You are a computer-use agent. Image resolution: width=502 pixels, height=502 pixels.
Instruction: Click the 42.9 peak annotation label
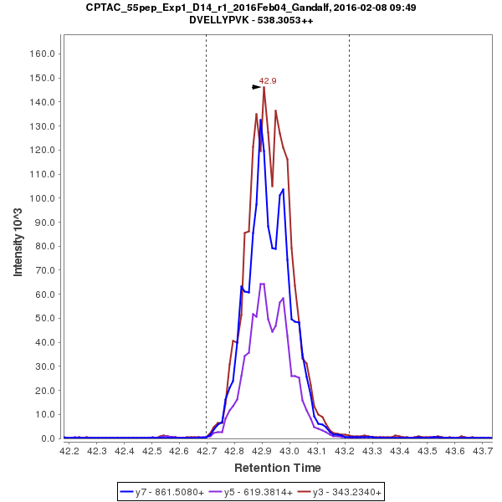tap(268, 81)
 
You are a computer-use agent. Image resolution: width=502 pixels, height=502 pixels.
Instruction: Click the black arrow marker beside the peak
tap(257, 86)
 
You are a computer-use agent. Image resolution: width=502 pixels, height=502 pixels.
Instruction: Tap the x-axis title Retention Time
tap(277, 467)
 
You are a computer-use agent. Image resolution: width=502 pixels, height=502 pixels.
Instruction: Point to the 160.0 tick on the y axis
tap(42, 54)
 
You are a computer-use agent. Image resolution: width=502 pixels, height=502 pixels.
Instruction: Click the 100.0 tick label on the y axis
tap(42, 198)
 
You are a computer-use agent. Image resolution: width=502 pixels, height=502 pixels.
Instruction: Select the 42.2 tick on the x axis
tap(70, 451)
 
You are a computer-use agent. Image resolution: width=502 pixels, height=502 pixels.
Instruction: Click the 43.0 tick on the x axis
tap(290, 451)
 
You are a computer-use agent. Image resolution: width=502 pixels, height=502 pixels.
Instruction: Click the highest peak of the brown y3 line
tap(264, 87)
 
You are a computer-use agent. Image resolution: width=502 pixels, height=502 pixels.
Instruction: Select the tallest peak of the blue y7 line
tap(260, 120)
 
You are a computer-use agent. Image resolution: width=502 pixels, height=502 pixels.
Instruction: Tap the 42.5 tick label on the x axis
tap(153, 451)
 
